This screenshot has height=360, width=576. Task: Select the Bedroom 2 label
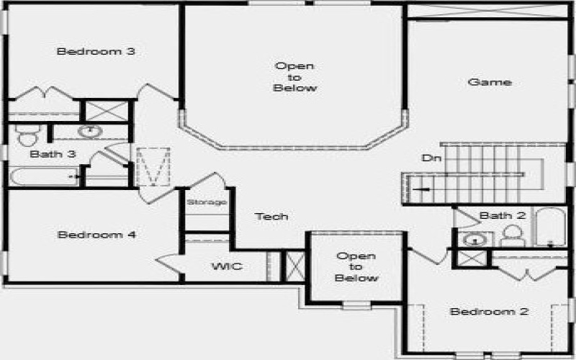490,312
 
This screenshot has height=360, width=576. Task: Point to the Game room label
490,82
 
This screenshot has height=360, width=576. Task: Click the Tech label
272,216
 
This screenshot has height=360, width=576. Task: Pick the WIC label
227,266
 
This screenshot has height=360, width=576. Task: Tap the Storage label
207,202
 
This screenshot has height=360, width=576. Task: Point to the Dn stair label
430,158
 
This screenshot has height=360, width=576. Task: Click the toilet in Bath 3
27,136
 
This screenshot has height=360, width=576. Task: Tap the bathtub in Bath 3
43,176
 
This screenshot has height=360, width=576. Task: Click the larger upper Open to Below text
295,77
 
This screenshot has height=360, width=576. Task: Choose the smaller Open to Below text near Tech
357,267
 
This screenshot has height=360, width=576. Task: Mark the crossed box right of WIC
294,266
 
